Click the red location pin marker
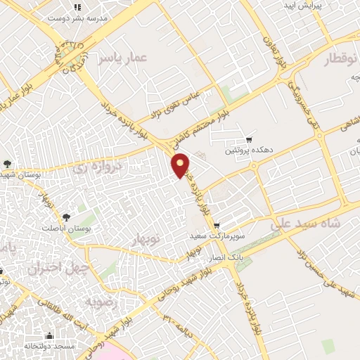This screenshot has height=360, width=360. tap(181, 165)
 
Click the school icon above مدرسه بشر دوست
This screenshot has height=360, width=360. tap(78, 7)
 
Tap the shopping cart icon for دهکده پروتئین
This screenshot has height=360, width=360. tap(248, 139)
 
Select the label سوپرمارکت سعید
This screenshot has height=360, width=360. tap(217, 236)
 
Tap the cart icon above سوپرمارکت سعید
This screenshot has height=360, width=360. tap(217, 225)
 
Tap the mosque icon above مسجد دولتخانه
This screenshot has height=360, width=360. tap(49, 335)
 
